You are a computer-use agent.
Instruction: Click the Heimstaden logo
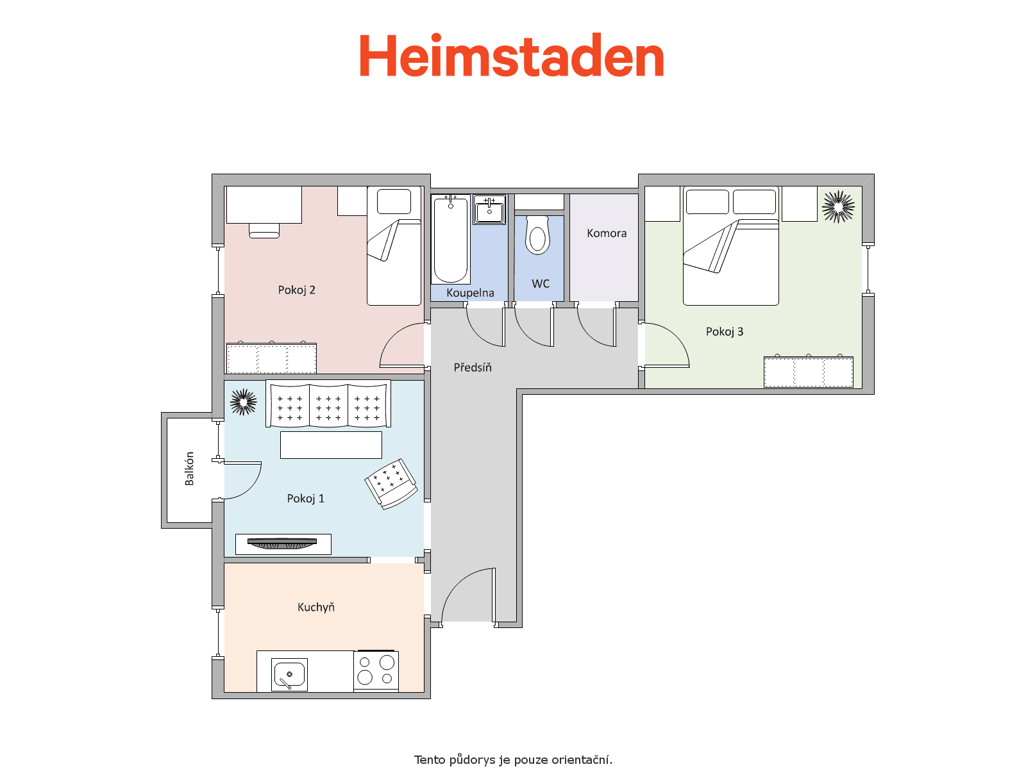(511, 55)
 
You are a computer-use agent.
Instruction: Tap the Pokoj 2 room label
(296, 290)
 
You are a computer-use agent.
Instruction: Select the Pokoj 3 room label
(724, 331)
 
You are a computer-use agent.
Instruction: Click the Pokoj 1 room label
(305, 498)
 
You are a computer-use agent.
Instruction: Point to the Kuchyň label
(316, 606)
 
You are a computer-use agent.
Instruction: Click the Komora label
(606, 233)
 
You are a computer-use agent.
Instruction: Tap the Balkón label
(189, 468)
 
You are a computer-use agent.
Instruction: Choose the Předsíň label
(473, 367)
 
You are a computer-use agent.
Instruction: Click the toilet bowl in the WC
(537, 235)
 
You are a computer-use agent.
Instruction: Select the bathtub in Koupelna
(450, 239)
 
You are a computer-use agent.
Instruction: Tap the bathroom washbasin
(489, 210)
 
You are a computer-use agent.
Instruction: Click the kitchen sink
(289, 674)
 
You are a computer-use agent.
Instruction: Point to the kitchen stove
(376, 670)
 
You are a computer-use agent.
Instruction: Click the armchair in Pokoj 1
(391, 484)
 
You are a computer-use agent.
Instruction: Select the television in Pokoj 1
(282, 543)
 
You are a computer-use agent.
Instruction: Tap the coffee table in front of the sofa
(331, 445)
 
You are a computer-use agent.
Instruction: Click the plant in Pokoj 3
(838, 206)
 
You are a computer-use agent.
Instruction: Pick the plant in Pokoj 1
(243, 402)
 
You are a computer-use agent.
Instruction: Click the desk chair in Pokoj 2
(264, 231)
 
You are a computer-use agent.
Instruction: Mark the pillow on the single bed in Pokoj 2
(394, 201)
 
